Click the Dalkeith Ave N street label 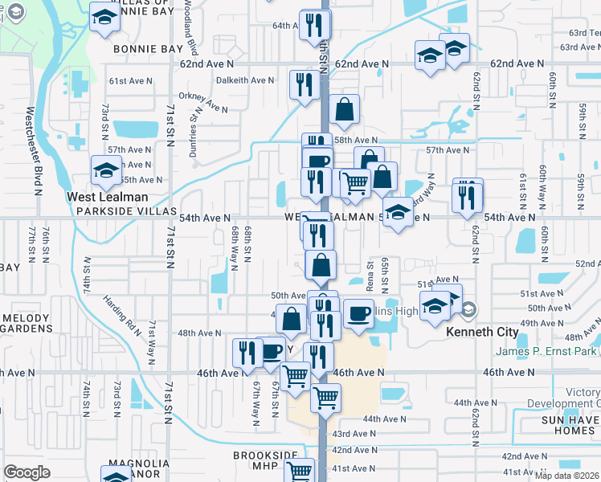pos(247,80)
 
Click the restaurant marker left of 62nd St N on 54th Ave pos(467,196)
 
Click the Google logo pos(27,472)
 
